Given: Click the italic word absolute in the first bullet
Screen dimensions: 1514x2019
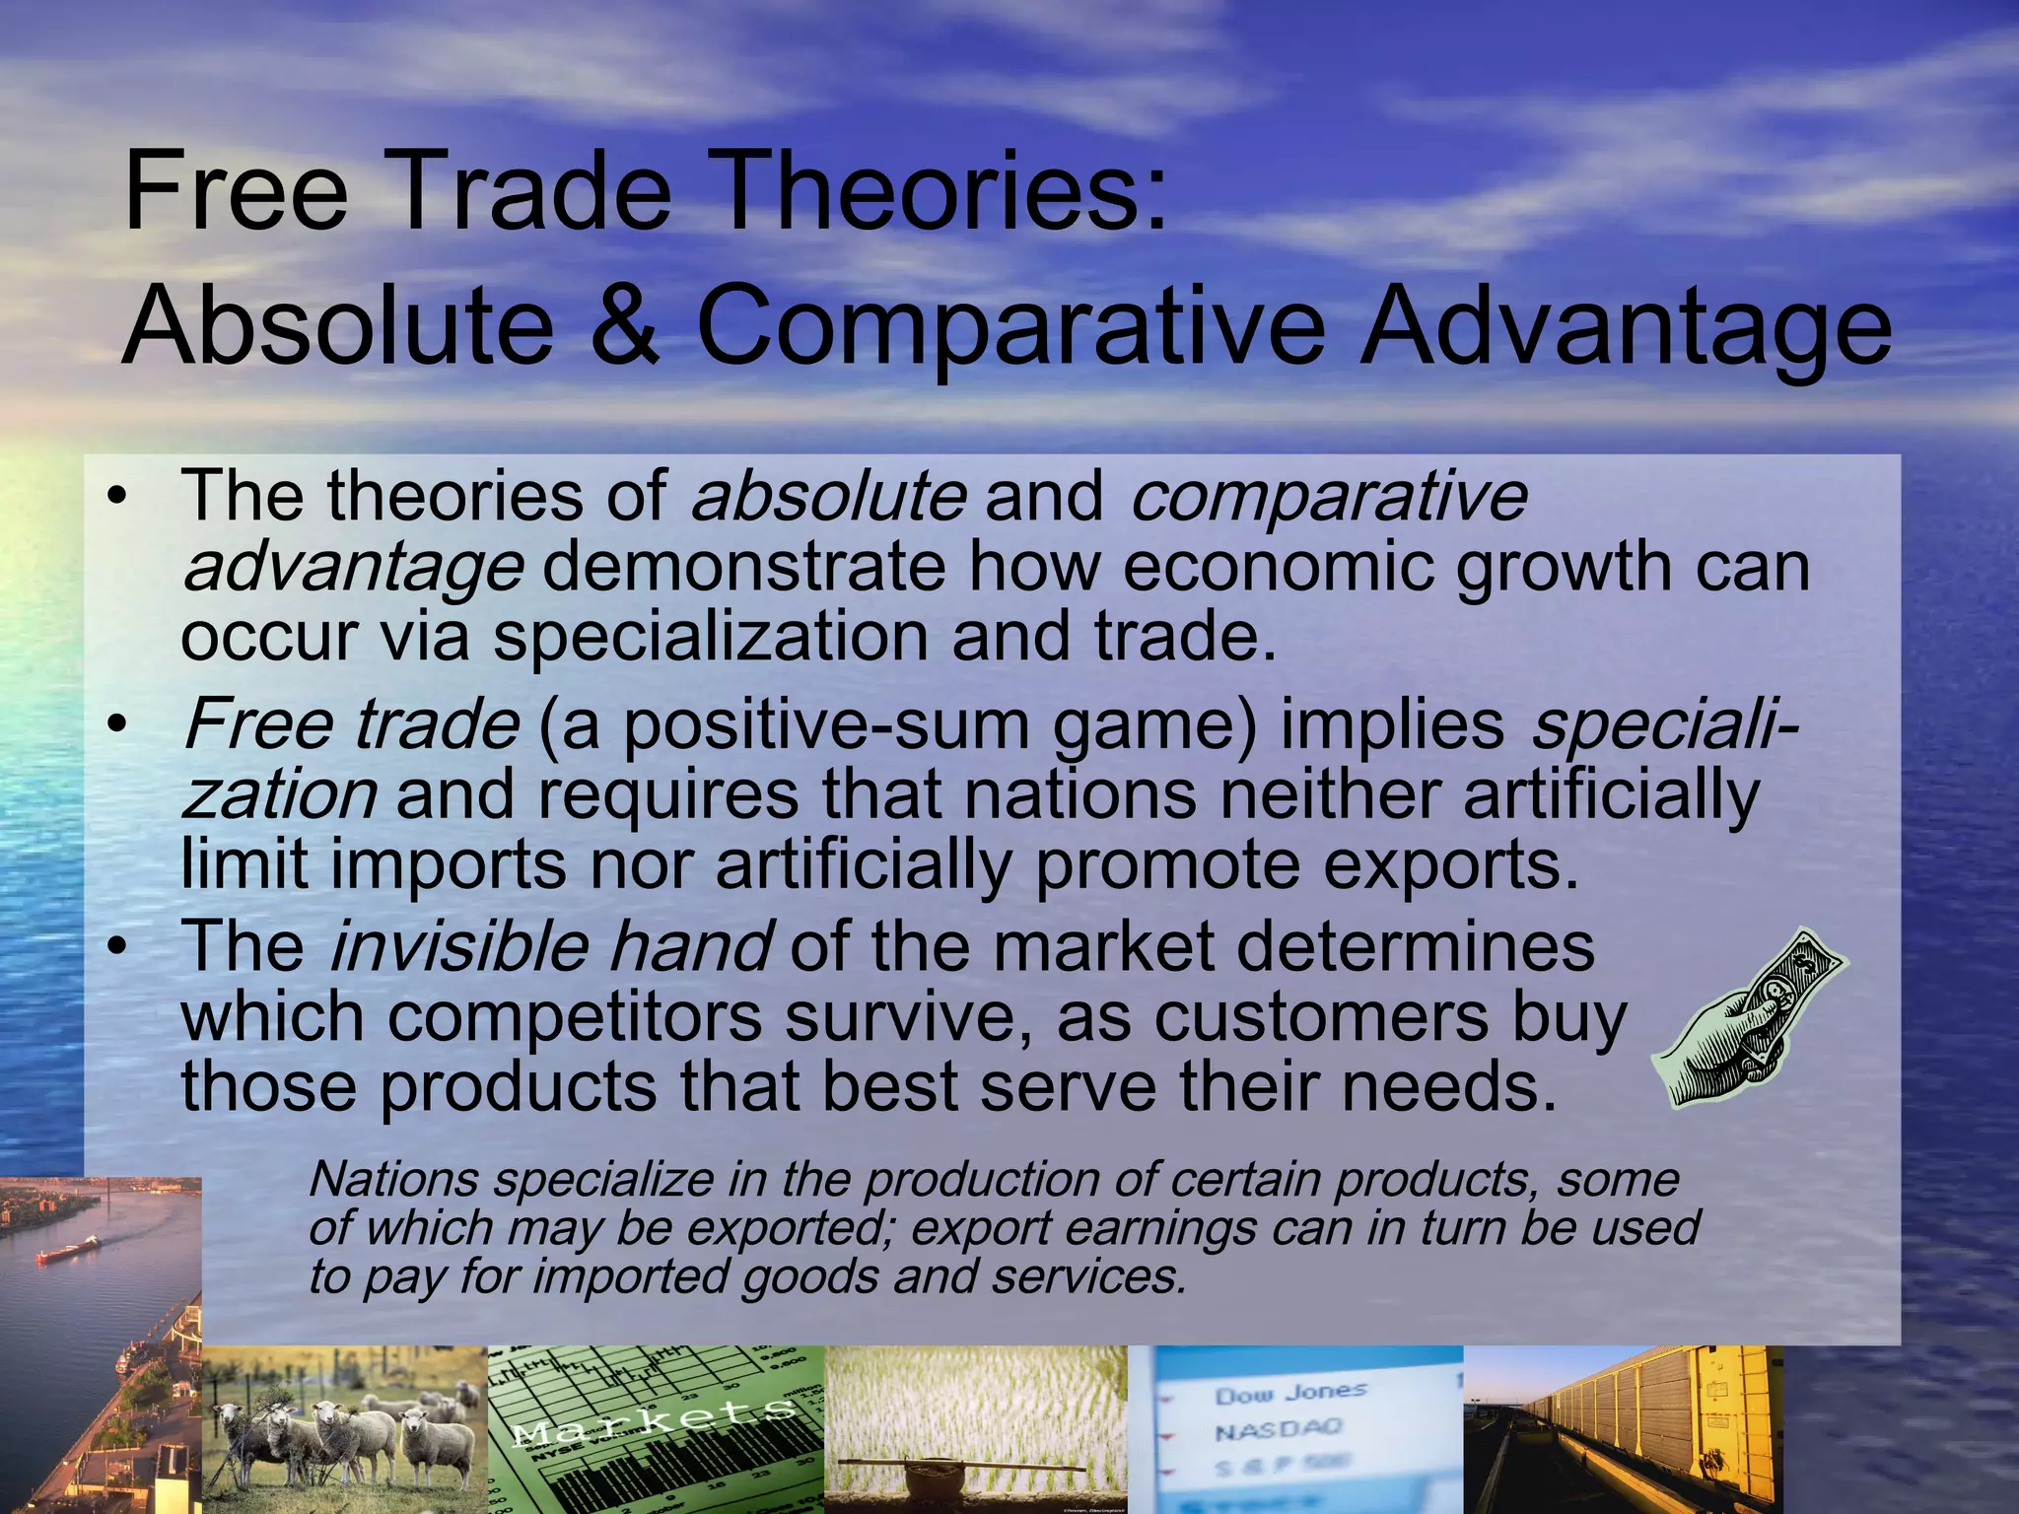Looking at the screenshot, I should [828, 496].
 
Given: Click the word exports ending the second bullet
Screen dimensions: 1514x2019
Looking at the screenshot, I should [1449, 865].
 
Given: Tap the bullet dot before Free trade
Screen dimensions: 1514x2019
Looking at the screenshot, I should [118, 725].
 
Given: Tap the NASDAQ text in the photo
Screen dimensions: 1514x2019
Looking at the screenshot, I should [1278, 1428].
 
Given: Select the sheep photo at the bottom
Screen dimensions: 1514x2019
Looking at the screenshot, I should [345, 1429].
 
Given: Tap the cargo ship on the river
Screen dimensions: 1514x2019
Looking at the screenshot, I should [69, 1251].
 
